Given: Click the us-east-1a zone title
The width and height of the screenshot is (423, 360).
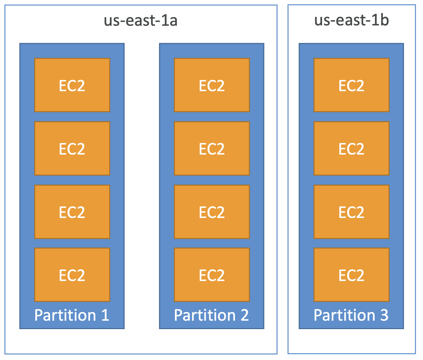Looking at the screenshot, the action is point(141,20).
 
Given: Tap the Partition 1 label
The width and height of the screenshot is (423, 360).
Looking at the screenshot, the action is point(72,315).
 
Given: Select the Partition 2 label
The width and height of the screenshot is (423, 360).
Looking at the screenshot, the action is point(211,315).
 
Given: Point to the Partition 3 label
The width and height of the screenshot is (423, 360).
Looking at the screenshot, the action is point(351,315).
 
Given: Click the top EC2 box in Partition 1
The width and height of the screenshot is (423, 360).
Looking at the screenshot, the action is point(72,85).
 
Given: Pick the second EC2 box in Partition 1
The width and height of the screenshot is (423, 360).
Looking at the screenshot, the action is point(72,148).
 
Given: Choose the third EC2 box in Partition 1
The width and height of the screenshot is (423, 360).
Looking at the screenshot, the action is point(72,212).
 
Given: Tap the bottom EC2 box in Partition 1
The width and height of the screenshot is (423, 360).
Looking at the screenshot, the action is point(72,275).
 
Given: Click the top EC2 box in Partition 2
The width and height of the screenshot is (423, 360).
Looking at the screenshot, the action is point(212,85).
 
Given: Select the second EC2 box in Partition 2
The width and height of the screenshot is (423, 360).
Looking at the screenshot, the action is point(212,148).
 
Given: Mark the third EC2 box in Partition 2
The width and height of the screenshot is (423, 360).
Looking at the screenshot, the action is point(212,212).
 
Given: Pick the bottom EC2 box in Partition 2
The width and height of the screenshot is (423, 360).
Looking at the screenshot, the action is point(212,275).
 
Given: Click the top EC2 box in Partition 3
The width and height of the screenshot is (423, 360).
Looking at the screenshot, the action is point(351,85).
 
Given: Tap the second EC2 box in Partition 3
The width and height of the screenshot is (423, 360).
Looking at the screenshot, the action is point(351,148).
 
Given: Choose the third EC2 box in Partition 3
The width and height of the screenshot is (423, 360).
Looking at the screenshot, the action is point(351,212).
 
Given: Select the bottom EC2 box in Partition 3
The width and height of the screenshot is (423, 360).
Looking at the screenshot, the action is point(351,275).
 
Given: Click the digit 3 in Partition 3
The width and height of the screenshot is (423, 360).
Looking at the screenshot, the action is point(384,315).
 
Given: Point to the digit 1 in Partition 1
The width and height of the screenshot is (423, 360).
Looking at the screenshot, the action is point(106,315).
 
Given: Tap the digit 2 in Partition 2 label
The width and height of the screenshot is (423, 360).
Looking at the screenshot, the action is point(245,315).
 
